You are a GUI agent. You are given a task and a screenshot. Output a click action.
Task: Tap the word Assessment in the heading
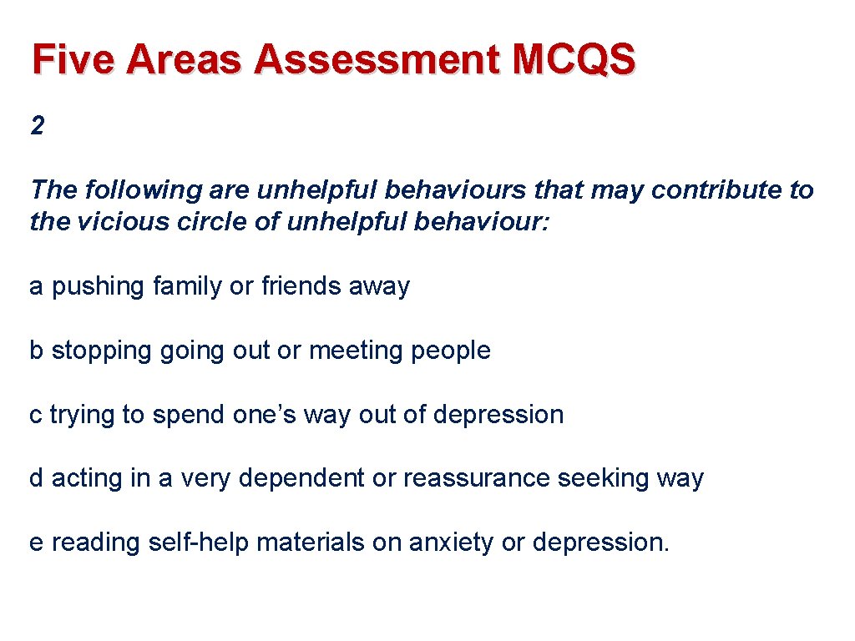coord(379,60)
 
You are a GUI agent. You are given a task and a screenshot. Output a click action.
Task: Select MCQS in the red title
coord(574,60)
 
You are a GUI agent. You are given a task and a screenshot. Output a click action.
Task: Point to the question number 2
coord(37,126)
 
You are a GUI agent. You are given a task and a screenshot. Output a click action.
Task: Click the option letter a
coord(37,287)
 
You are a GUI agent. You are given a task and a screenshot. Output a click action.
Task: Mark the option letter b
coord(37,351)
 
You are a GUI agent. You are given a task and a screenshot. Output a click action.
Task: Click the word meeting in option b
coord(357,351)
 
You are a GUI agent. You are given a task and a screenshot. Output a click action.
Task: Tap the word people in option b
coord(451,351)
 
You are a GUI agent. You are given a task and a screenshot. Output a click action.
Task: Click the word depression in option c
coord(498,415)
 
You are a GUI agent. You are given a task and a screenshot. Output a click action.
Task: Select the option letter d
coord(37,479)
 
